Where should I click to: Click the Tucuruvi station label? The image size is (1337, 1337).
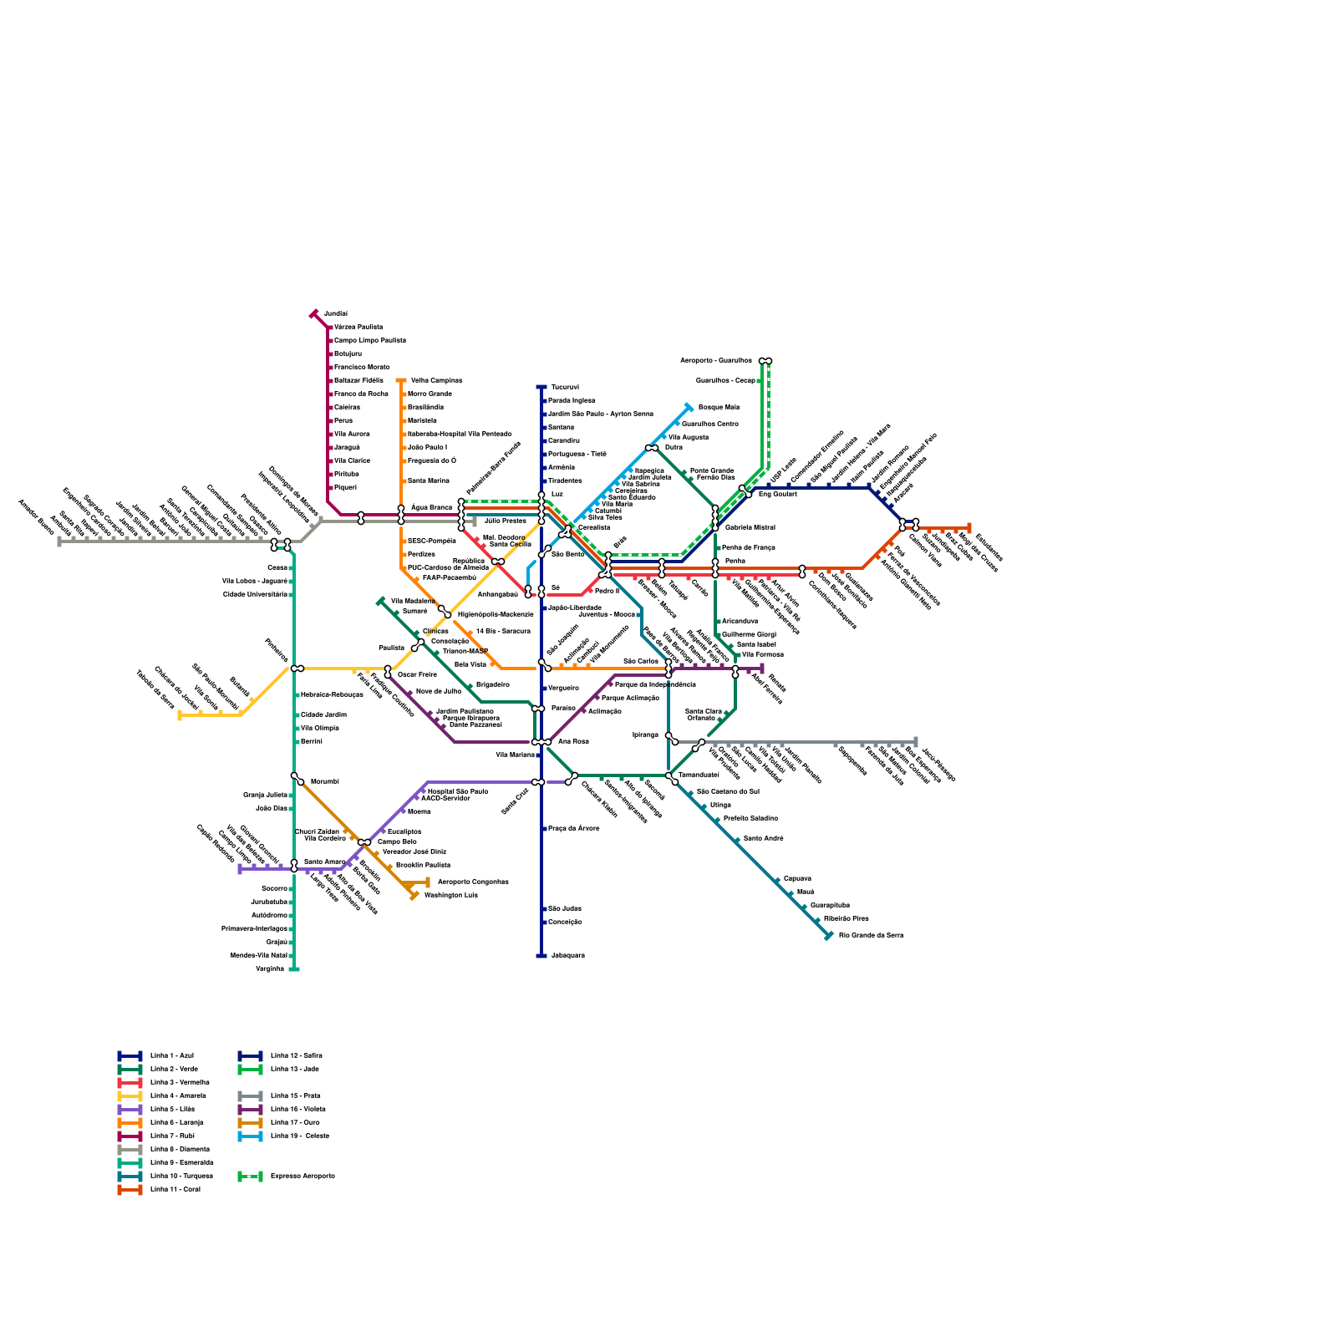coord(565,387)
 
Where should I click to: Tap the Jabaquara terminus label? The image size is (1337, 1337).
coord(567,955)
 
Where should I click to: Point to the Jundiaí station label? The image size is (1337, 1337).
coord(336,313)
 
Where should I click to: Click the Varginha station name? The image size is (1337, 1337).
coord(270,968)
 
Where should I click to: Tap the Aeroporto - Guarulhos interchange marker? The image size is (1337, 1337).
coord(765,361)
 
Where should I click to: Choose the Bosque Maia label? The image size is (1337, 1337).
coord(719,407)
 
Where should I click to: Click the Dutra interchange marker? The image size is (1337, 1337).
coord(652,448)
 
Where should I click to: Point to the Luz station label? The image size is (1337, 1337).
coord(557,494)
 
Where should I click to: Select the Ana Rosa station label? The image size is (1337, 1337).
coord(573,741)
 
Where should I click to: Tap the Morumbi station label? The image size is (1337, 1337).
coord(324,781)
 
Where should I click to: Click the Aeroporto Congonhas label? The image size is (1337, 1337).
coord(473,882)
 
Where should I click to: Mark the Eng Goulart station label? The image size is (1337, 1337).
coord(777,494)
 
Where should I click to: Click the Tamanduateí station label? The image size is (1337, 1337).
coord(699,775)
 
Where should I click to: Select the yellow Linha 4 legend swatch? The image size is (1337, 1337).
coord(130,1096)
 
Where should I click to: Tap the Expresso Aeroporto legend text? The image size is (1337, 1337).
coord(302,1176)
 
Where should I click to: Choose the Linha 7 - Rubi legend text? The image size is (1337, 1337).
coord(172,1136)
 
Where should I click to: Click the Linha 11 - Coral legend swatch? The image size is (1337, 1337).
coord(130,1189)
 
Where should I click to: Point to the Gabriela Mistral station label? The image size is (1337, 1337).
coord(750,527)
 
